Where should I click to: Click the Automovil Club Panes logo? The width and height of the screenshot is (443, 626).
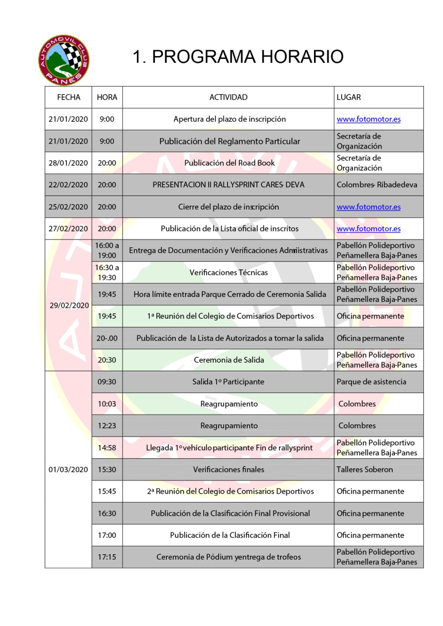point(64,60)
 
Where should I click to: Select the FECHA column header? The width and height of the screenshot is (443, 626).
point(68,97)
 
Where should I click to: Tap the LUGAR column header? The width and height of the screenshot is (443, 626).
point(348,97)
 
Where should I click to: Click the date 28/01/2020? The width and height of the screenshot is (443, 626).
point(68,163)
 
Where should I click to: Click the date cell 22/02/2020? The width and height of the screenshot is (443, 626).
point(68,185)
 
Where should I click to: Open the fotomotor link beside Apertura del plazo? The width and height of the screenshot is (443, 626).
point(368,119)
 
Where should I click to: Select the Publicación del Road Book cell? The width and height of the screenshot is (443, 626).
point(229,163)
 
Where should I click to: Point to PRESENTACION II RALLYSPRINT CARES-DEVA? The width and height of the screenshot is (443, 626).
point(228,185)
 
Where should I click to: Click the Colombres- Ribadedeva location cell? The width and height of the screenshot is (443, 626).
point(377,185)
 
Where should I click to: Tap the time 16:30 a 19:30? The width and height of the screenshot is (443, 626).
point(107,272)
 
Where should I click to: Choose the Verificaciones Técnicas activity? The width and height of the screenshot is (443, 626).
point(229,272)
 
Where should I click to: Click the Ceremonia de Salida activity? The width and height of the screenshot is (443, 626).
point(229,360)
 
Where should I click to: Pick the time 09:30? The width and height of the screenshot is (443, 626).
point(107,382)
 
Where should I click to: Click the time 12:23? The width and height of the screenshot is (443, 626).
point(107,425)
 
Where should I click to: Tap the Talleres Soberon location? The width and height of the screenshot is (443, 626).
point(365,469)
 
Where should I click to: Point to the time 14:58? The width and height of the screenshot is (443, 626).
point(107,447)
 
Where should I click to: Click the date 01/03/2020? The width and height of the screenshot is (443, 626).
point(68,469)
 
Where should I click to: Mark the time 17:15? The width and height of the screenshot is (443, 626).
point(107,557)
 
